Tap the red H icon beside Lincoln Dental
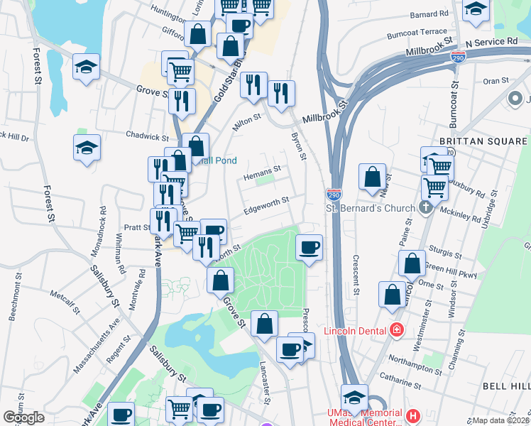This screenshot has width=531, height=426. (x=396, y=330)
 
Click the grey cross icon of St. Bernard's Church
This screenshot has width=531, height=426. (x=425, y=207)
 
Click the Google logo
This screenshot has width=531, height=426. (x=24, y=417)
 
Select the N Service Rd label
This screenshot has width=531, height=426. (x=494, y=42)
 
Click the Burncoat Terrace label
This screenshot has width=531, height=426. (x=417, y=33)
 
